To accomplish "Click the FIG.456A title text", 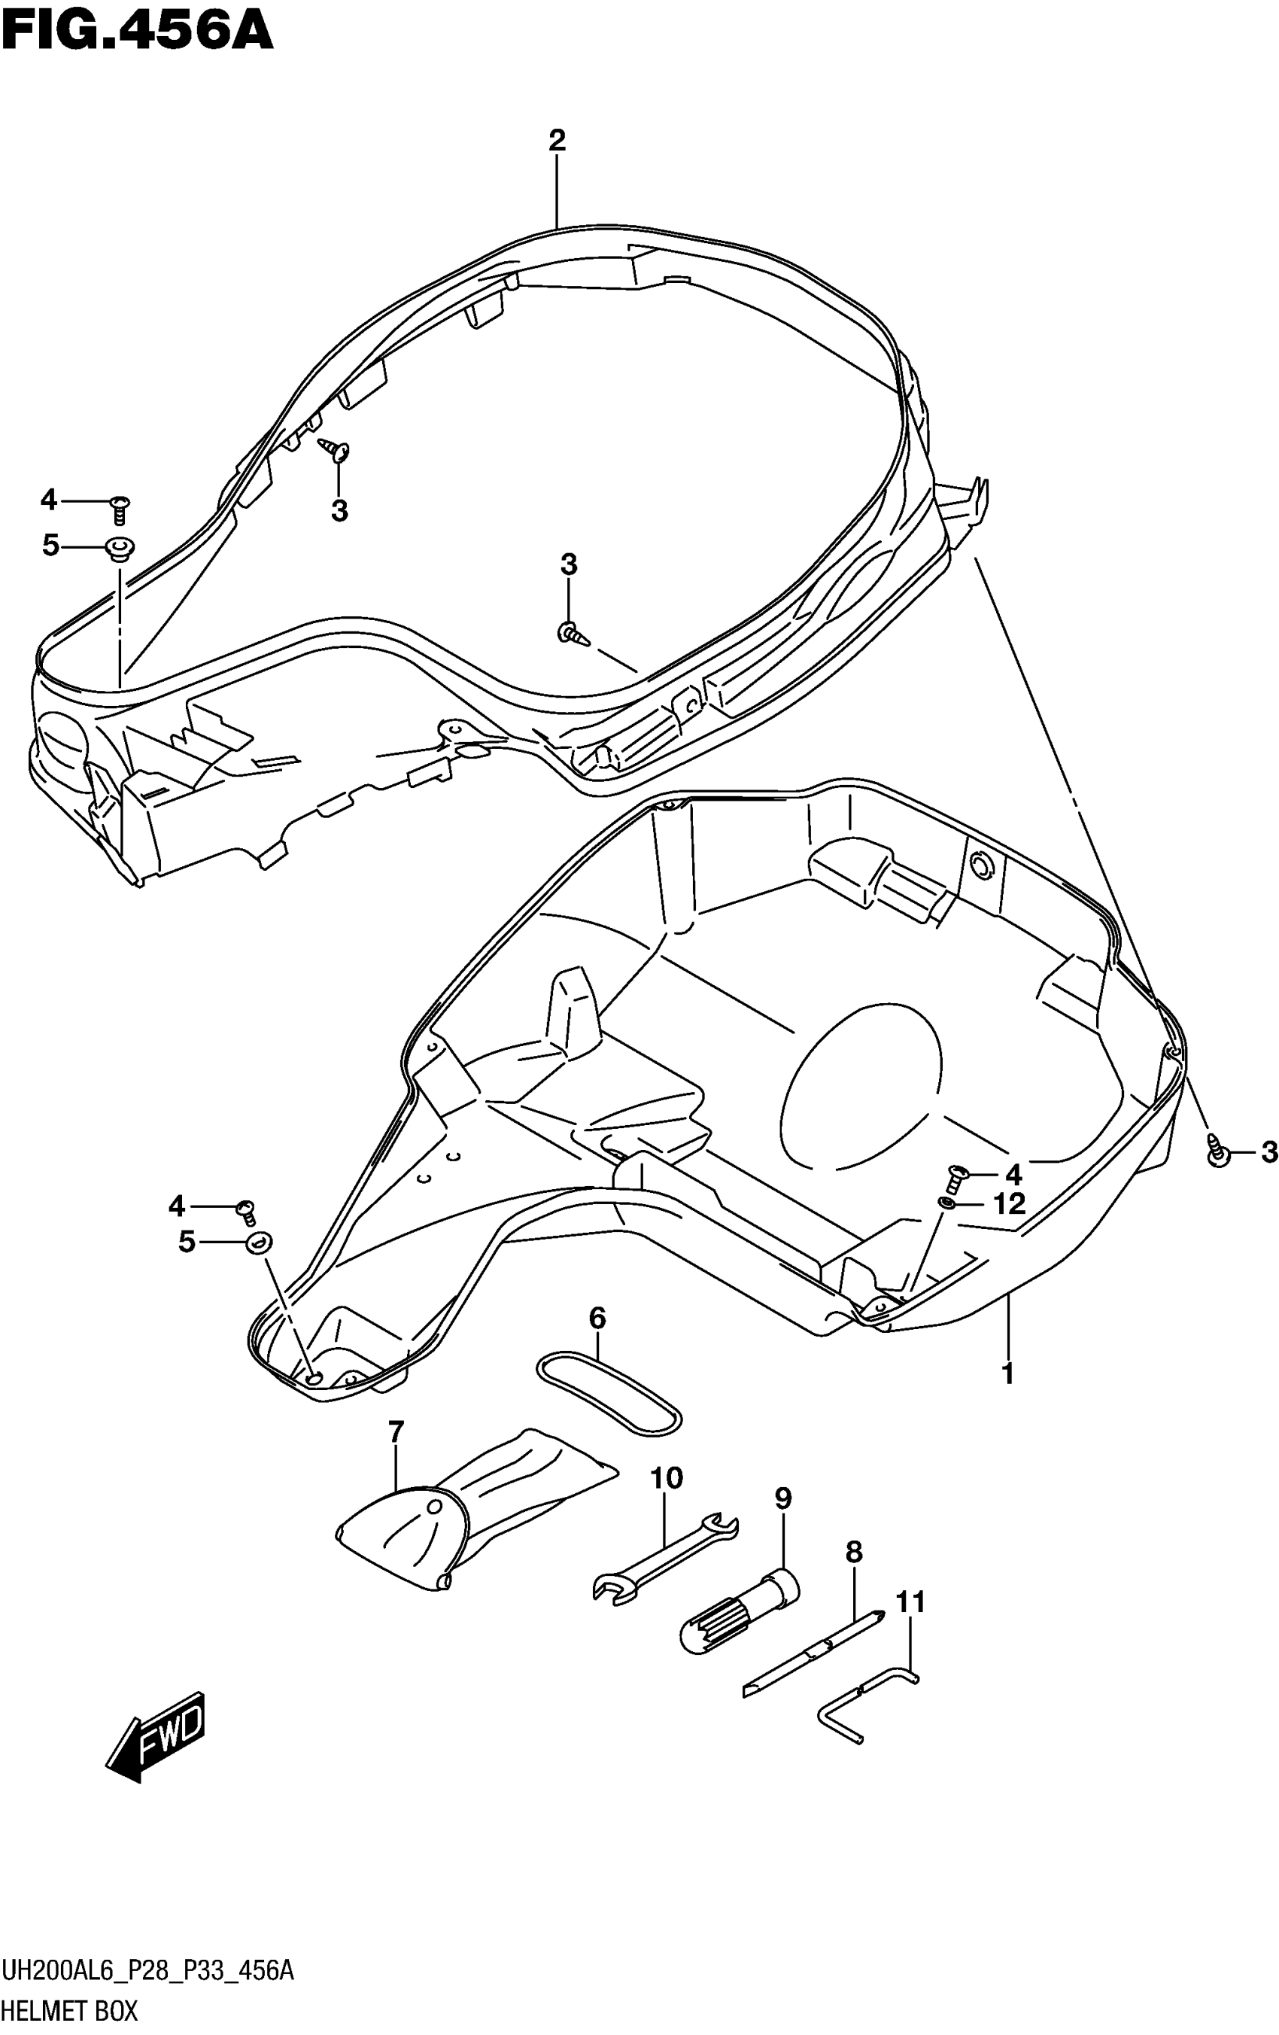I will (x=137, y=32).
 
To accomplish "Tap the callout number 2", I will (x=556, y=140).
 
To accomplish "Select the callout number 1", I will (x=1007, y=1373).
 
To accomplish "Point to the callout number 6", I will (x=597, y=1318).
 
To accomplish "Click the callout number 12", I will (x=1009, y=1203).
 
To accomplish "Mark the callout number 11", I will (x=910, y=1602).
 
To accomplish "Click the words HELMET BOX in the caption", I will (x=69, y=2010).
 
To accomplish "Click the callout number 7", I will (x=395, y=1431).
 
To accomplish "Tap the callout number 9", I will (x=783, y=1498).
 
